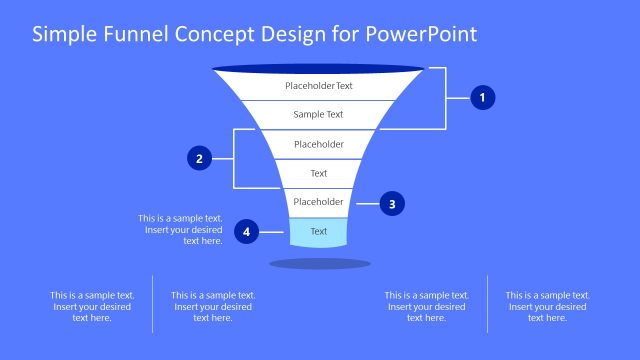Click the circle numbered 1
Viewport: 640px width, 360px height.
(x=483, y=98)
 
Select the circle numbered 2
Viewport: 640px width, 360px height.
(x=200, y=158)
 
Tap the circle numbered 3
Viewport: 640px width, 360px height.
(x=392, y=203)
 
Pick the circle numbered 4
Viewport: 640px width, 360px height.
(x=246, y=232)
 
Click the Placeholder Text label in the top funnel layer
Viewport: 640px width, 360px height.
(x=319, y=86)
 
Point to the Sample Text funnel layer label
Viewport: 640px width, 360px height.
(x=319, y=115)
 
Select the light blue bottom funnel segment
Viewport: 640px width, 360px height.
(x=319, y=232)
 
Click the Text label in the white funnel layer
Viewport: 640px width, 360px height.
(x=319, y=174)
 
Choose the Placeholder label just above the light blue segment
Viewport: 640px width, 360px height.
(x=319, y=202)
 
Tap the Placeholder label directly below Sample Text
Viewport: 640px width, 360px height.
(x=319, y=145)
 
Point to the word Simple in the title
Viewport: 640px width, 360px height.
(x=62, y=35)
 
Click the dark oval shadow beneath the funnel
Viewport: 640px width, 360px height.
(x=320, y=264)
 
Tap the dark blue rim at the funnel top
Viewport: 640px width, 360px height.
(x=319, y=69)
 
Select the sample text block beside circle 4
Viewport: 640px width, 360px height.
(x=180, y=230)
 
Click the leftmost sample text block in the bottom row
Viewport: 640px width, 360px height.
(x=92, y=306)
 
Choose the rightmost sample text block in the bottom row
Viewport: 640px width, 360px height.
(x=547, y=306)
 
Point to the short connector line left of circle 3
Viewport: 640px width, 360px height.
(x=366, y=203)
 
